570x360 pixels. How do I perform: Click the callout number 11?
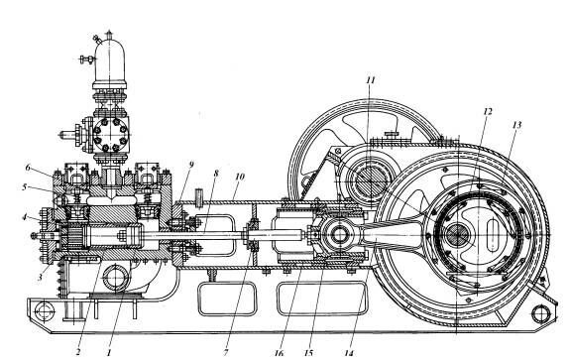coord(370,80)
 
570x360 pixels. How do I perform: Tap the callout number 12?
coord(488,111)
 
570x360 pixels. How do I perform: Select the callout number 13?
coord(516,125)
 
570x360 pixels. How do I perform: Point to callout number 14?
coord(349,352)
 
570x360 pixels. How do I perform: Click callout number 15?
coord(308,352)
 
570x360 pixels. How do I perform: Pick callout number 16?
coord(280,353)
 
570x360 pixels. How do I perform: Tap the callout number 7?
coord(226,352)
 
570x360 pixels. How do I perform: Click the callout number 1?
coord(108,352)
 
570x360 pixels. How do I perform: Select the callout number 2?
coord(77,352)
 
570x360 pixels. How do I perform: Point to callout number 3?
coord(40,277)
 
